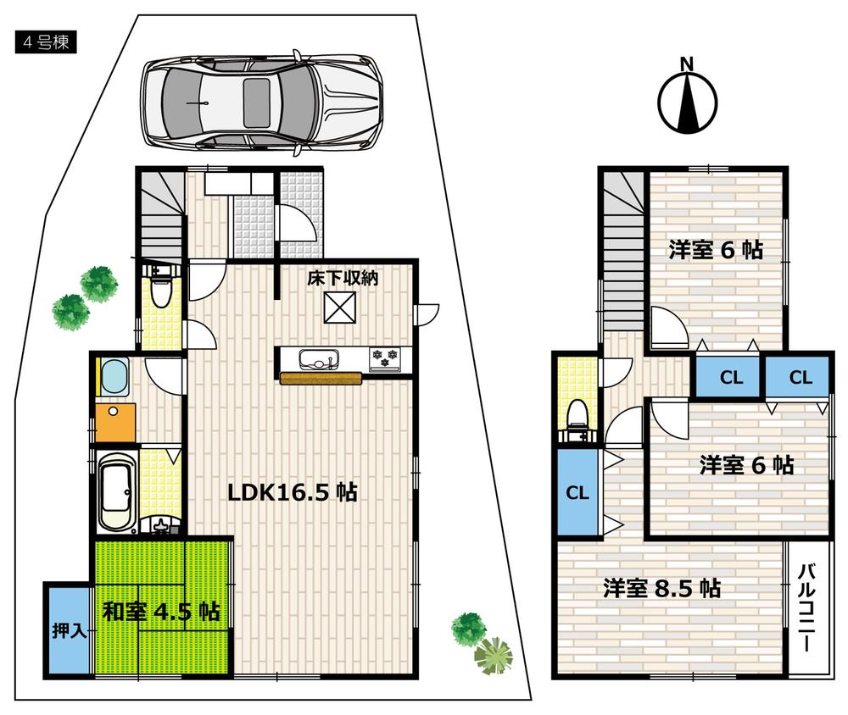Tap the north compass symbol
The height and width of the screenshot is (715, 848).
(x=688, y=98)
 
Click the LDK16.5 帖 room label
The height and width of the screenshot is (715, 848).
(x=291, y=492)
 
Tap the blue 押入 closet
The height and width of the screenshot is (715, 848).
(x=67, y=630)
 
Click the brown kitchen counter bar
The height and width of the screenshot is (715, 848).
(x=320, y=379)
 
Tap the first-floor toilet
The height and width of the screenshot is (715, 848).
(x=159, y=292)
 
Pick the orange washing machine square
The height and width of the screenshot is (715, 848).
(x=115, y=423)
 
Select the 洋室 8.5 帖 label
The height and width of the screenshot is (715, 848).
(x=661, y=588)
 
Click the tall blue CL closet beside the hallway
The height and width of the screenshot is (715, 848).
(x=577, y=493)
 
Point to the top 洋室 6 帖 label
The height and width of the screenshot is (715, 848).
(x=714, y=250)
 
